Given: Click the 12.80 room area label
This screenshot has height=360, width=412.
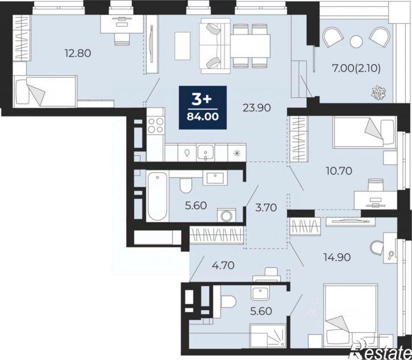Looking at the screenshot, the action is click(x=78, y=53).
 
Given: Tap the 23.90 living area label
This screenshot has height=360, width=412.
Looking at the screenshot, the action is click(x=256, y=107).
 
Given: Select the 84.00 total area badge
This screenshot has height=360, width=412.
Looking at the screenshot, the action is click(x=202, y=107).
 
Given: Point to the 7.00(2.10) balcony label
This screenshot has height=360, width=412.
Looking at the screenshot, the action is click(x=356, y=69).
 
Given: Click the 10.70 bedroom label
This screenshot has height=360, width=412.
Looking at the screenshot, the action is click(x=339, y=171).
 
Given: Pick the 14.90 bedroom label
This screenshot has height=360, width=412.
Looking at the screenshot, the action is click(x=338, y=257).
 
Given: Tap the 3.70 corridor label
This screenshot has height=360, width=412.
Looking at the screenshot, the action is click(x=266, y=208).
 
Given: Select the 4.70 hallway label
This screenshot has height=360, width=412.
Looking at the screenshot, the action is click(x=223, y=266).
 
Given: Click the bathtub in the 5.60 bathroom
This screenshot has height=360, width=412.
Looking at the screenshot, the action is click(x=157, y=196).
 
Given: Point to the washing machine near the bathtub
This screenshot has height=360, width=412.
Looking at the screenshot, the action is click(x=226, y=216).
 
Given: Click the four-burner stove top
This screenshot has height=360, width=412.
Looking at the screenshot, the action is click(x=156, y=126).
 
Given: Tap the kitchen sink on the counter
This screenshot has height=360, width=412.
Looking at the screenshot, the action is click(x=206, y=152).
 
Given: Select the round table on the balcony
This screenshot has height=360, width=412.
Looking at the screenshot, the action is click(x=356, y=41).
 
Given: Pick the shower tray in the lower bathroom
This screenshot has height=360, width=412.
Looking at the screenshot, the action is click(x=268, y=336).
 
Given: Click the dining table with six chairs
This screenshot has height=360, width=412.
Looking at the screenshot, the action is click(x=251, y=46).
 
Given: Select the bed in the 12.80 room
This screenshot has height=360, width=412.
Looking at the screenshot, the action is click(x=45, y=92).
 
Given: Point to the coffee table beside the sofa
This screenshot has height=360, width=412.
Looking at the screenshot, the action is click(x=182, y=45).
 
